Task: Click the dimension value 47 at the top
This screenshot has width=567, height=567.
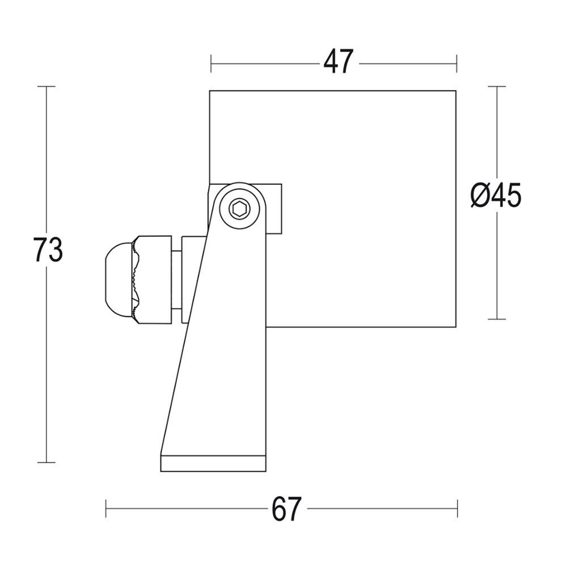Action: pos(338,62)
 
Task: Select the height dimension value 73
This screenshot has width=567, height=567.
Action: pos(48,250)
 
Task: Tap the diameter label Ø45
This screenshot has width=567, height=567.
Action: pos(496,196)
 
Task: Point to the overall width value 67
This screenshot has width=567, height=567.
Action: pos(287,509)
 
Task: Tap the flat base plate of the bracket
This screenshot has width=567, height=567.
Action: pos(213,463)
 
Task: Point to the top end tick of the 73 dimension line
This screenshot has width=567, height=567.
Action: pos(46,87)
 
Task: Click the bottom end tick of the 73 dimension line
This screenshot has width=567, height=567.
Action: pos(46,463)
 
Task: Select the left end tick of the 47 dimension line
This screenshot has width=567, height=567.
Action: pos(211,64)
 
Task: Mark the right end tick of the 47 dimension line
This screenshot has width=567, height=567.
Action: pos(456,64)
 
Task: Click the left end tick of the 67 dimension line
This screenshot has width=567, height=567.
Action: pos(106,509)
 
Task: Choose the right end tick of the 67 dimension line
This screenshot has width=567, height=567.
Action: pos(458,509)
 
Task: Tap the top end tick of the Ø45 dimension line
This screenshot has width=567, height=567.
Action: pos(497,87)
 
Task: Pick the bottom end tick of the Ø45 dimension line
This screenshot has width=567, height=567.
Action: pos(497,319)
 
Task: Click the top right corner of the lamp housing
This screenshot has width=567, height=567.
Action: pos(456,91)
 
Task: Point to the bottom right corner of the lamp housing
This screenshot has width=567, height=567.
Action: pos(456,327)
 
